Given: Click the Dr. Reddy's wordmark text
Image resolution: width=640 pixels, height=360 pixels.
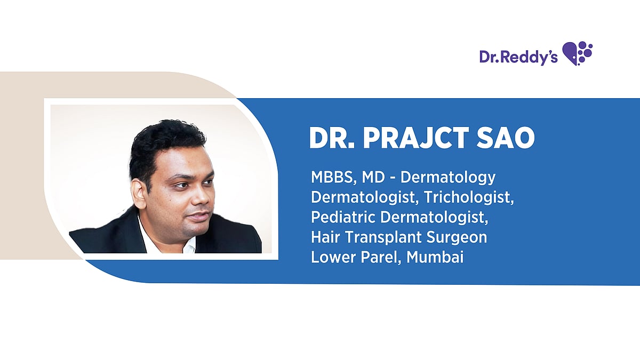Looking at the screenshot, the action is point(518,57).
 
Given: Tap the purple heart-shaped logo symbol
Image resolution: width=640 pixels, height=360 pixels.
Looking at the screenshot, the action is point(577,53).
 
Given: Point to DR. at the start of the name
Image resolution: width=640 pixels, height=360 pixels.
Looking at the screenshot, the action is point(332,138).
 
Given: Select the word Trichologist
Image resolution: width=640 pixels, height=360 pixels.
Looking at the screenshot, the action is point(469,198).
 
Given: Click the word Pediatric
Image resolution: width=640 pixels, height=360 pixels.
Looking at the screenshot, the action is point(343,217).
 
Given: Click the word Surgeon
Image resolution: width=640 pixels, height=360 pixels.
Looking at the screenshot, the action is point(457,238).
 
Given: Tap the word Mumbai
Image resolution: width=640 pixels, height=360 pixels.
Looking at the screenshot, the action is point(435,257).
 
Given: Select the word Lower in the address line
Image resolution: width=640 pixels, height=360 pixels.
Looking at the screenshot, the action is point(333,257).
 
